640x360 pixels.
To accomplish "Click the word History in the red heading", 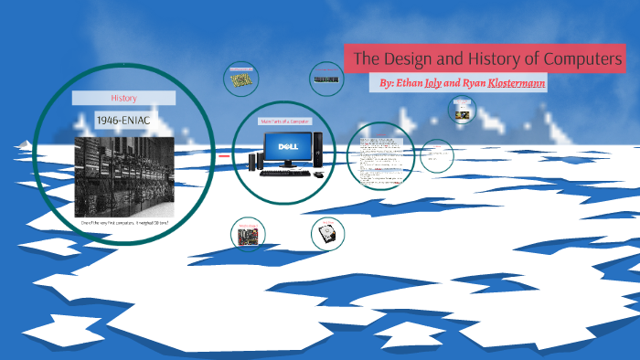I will click(123, 98).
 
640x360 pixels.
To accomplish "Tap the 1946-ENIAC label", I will click(123, 119).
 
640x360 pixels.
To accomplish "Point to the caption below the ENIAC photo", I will click(123, 223).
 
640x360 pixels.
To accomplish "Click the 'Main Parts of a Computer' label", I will click(285, 122).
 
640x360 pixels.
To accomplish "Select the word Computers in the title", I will click(579, 59).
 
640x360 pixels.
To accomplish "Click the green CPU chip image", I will click(242, 80).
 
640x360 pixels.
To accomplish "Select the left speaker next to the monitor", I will click(252, 162).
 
